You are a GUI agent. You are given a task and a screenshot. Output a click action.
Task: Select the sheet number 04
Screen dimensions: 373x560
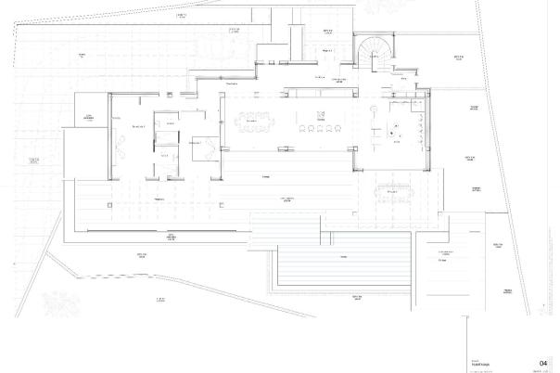[x=542, y=364]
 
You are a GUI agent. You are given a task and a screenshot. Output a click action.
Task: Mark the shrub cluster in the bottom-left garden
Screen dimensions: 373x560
[x=37, y=302]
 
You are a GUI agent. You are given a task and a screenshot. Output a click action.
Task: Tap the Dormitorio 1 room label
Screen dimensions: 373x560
[x=140, y=126]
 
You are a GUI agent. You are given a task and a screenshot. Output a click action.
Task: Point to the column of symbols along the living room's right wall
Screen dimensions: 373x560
[x=423, y=130]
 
